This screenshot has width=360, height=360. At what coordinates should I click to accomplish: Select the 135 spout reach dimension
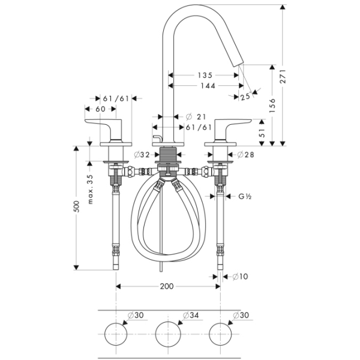[205, 76]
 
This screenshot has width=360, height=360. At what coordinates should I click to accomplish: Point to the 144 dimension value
[207, 86]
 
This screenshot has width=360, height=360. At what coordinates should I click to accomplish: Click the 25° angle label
[245, 96]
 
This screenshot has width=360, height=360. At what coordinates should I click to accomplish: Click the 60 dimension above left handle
[100, 109]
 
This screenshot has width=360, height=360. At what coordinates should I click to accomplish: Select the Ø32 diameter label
[142, 155]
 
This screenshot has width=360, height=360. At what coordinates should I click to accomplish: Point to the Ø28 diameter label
[245, 155]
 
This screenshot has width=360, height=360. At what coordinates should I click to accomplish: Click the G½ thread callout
[245, 196]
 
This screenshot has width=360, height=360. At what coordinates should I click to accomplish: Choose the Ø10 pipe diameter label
[240, 276]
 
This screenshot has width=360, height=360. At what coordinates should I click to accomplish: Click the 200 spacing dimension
[167, 286]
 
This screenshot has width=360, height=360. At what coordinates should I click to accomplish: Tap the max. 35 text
[91, 188]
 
